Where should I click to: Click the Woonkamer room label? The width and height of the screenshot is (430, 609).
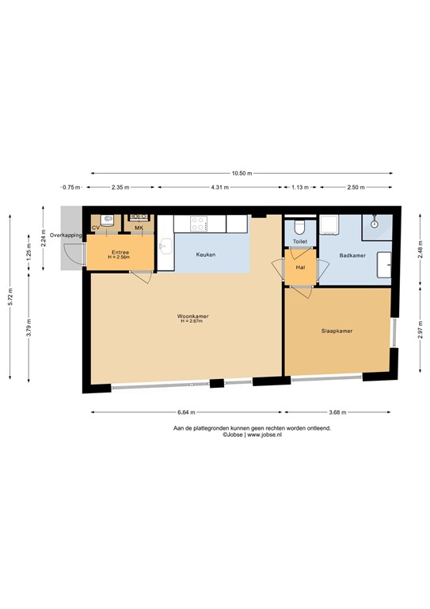188,316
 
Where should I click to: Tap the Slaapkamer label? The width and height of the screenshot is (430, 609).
337,331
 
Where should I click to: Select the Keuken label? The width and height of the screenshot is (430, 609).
206,255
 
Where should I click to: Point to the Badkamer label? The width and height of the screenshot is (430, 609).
352,255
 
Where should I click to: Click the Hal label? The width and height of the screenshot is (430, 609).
300,267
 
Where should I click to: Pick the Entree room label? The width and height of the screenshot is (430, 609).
119,251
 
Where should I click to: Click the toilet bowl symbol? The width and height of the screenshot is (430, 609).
299,225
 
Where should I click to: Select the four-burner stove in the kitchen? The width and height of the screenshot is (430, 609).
198,224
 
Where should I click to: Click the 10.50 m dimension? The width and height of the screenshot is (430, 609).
245,172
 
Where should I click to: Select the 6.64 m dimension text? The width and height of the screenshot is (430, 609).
187,412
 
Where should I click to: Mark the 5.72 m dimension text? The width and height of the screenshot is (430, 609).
10,293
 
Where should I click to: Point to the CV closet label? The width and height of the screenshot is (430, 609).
96,228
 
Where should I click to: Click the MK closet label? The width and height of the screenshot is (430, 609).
139,228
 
